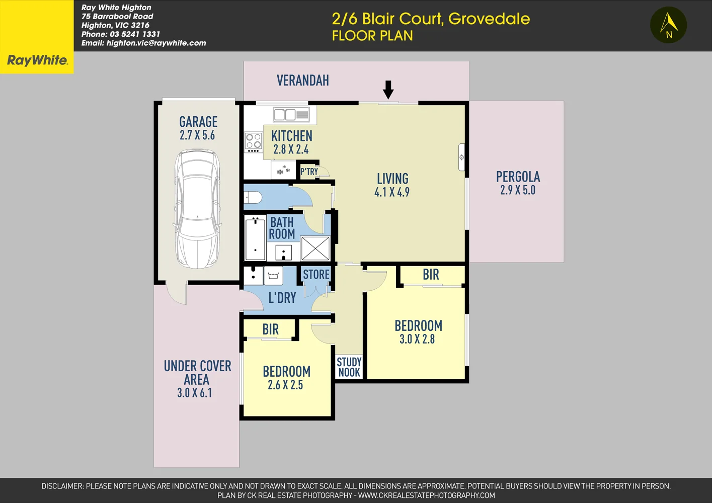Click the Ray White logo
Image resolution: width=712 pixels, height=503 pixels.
pos(37,60)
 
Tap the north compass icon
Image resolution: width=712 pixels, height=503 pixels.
pos(668,25)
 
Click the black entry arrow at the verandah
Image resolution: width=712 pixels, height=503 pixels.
pos(388,90)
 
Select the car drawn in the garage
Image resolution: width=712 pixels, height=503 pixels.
pos(197,208)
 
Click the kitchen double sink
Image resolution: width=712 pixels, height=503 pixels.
pos(291,115)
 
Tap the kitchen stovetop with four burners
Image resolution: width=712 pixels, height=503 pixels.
pos(254,142)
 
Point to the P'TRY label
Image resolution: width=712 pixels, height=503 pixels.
pos(309,172)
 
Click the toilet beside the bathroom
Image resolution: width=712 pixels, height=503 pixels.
pos(253,197)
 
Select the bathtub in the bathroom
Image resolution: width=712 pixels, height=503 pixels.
pos(255,238)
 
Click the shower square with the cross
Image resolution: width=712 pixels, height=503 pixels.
pos(315,248)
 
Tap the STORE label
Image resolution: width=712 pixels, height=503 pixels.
pos(316,275)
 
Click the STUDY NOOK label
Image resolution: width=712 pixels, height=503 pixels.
pos(349,368)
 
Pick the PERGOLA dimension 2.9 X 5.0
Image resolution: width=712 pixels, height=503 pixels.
pos(517,190)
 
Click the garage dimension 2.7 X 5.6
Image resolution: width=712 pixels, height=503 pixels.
pos(197,135)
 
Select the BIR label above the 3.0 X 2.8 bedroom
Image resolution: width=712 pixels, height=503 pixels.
pos(431,275)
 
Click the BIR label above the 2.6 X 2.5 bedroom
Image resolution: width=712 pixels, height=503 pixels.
pos(270,329)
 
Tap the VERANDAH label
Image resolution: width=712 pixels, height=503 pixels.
pos(302,80)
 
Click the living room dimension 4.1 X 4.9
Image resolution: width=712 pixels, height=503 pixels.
pos(392,192)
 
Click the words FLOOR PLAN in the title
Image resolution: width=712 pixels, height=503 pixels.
pos(372,36)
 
